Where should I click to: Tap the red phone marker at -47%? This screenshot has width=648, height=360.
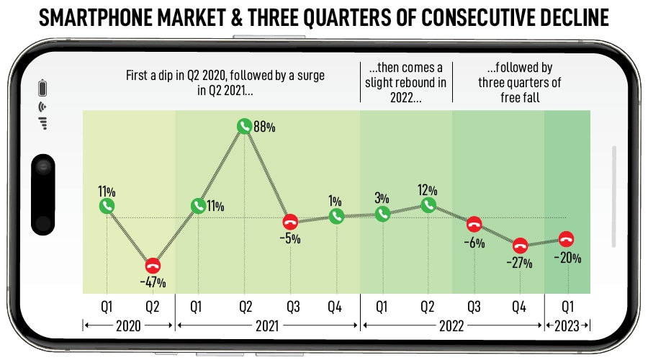point(153,264)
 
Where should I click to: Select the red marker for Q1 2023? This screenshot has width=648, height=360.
point(567,239)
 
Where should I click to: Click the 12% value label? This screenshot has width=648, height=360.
point(428,189)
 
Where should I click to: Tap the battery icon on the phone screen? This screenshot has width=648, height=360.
point(42,89)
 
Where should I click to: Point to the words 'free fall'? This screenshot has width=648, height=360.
point(519,96)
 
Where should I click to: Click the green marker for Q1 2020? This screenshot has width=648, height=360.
point(107,206)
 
